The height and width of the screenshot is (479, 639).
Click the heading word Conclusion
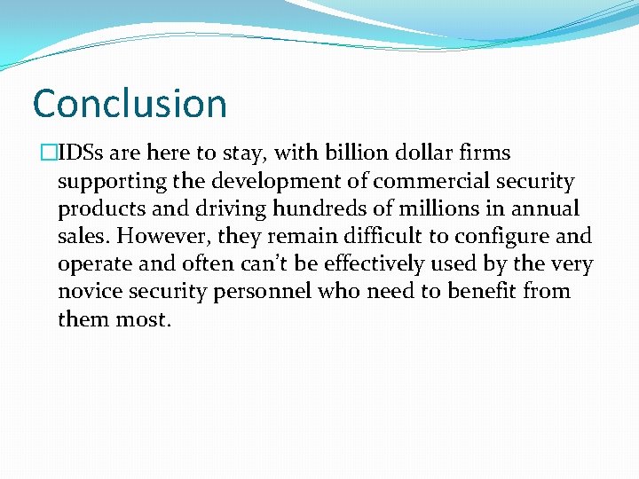coord(130,104)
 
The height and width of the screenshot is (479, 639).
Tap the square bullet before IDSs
coord(37,153)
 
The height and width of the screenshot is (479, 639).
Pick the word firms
coord(484,153)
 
